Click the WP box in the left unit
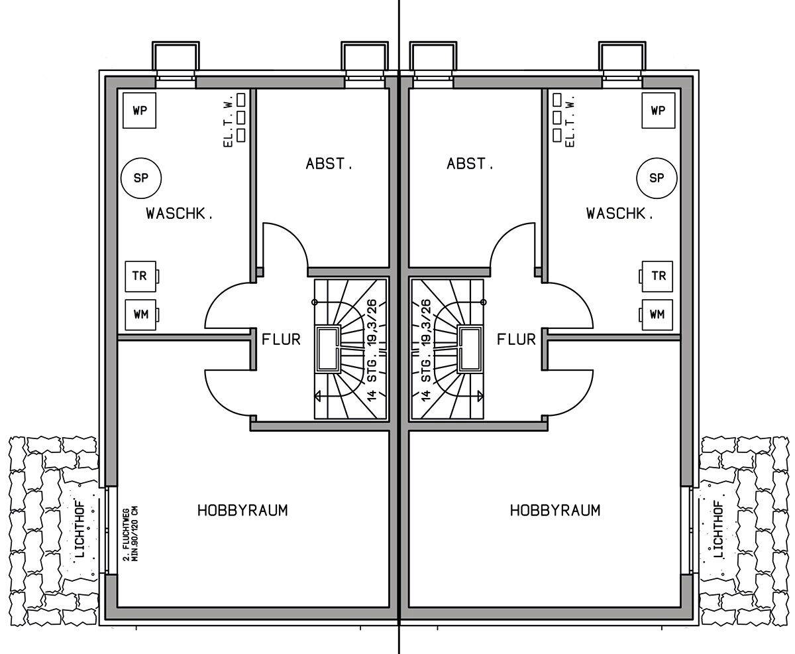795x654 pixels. (x=140, y=111)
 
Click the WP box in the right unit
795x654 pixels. (x=658, y=111)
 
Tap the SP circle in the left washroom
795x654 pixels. (x=140, y=178)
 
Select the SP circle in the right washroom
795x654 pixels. (x=657, y=178)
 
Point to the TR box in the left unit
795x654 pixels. (x=140, y=276)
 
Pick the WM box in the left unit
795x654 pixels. (x=140, y=314)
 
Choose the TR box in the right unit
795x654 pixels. (x=658, y=276)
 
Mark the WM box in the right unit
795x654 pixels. (x=657, y=314)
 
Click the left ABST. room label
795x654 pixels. (x=329, y=164)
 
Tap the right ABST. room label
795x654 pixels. (x=470, y=164)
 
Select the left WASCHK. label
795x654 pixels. (x=179, y=214)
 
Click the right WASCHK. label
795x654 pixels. (x=619, y=214)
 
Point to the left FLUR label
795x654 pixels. (x=281, y=340)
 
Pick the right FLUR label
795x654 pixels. (x=516, y=340)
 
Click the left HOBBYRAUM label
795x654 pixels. (x=242, y=510)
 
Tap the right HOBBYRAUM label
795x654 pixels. (x=555, y=510)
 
